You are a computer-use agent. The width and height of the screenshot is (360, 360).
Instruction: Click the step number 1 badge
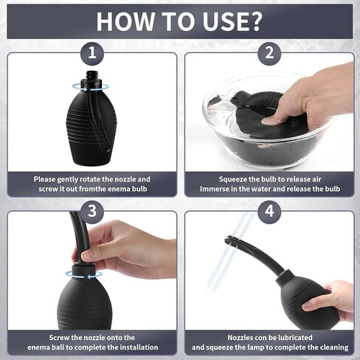coord(92,53)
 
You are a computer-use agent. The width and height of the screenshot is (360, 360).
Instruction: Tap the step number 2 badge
coord(269,53)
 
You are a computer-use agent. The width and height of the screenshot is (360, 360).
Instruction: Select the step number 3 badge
coord(92,211)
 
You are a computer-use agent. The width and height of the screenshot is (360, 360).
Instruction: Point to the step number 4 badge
coord(269,211)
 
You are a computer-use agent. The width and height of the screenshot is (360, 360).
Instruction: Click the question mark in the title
coord(256,21)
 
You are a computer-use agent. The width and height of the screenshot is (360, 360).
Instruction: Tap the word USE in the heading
coord(224,21)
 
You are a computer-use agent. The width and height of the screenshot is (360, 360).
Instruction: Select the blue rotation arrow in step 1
coord(91,87)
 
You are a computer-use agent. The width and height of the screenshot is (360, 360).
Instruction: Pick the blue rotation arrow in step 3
coord(84,274)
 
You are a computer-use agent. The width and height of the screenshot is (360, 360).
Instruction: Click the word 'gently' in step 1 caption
coord(69,179)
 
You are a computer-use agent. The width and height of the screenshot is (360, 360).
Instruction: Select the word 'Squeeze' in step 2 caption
coord(232,179)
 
